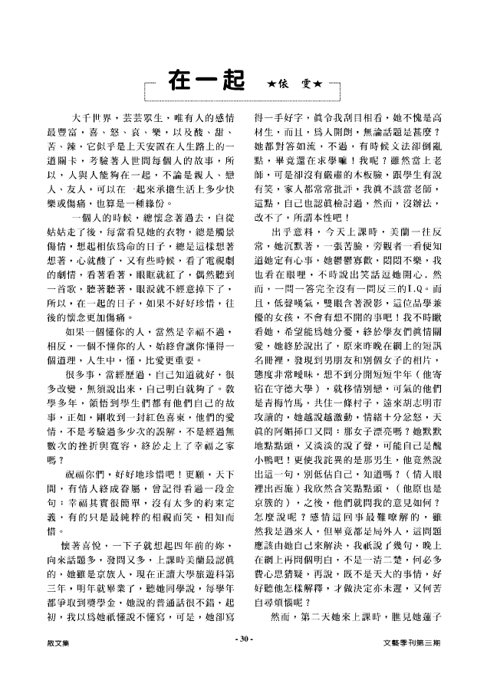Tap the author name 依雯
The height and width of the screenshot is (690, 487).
294,83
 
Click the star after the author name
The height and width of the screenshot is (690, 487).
318,83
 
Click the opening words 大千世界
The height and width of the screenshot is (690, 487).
93,118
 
